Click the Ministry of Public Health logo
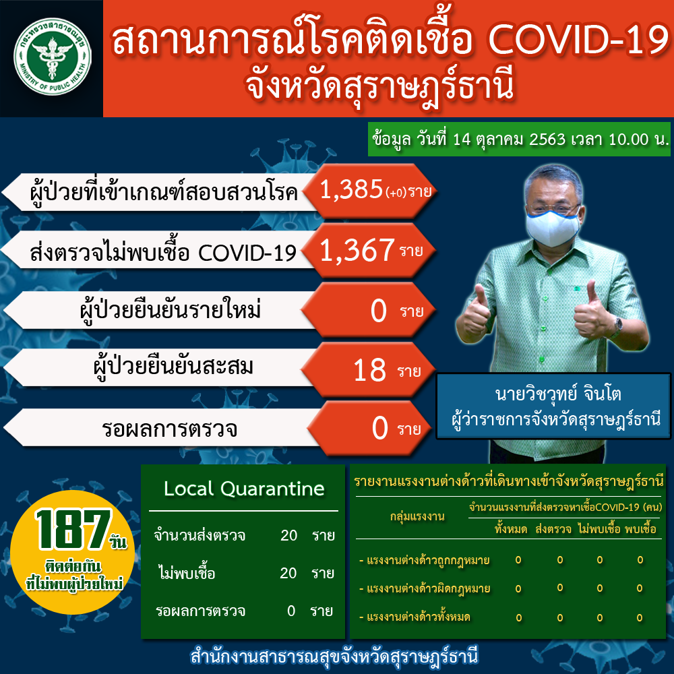click(x=52, y=57)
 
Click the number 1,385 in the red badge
click(x=351, y=189)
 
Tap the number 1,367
click(x=357, y=250)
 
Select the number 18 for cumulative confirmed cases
click(x=369, y=370)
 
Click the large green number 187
click(x=73, y=529)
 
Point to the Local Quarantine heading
click(x=244, y=489)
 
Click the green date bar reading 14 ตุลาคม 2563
click(x=519, y=140)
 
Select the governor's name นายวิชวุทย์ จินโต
click(x=558, y=394)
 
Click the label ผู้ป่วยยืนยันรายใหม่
click(x=171, y=310)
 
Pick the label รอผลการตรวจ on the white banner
click(x=169, y=429)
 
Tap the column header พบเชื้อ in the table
click(x=640, y=528)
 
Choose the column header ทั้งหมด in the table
click(x=511, y=528)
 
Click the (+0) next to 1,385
click(x=396, y=193)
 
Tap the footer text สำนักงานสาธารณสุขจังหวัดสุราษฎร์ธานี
click(x=334, y=656)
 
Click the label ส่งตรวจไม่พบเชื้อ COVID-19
click(x=163, y=252)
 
